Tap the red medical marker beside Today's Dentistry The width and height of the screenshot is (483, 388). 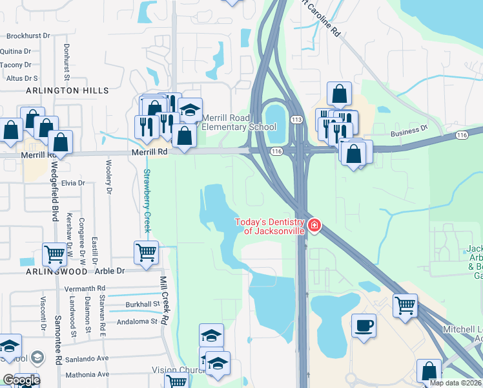pyautogui.click(x=314, y=226)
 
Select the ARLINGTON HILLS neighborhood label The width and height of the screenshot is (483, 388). pyautogui.click(x=67, y=91)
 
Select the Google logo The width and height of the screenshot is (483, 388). pyautogui.click(x=21, y=380)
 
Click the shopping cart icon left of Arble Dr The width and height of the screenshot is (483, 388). pyautogui.click(x=55, y=254)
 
